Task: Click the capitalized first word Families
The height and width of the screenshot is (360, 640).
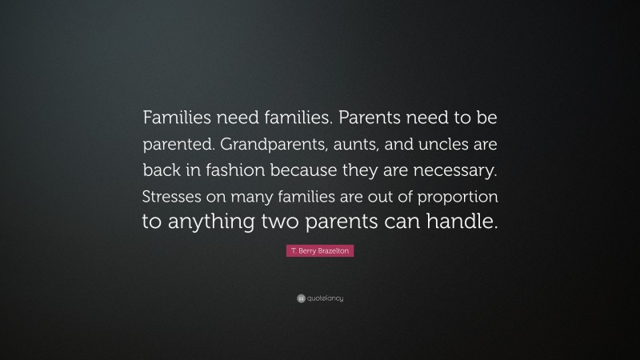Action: pyautogui.click(x=178, y=118)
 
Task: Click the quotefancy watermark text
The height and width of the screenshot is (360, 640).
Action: pyautogui.click(x=325, y=298)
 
